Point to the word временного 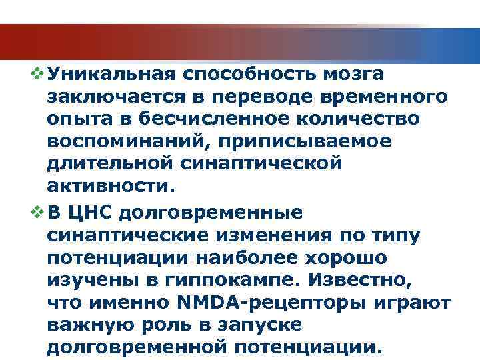tap(381, 97)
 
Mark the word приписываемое tap(301, 142)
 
